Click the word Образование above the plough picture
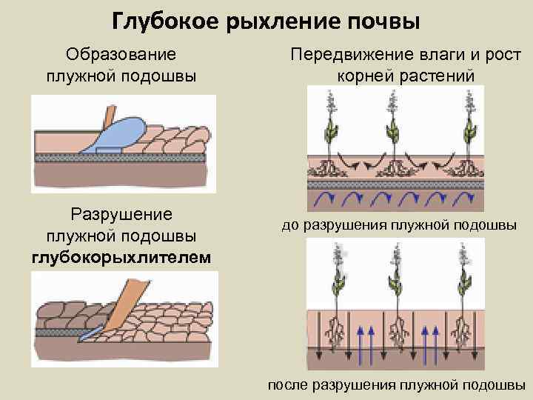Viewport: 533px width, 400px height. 121,55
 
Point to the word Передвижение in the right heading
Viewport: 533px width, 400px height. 347,55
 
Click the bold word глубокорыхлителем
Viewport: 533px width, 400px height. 121,257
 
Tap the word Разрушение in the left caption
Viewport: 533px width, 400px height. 121,214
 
